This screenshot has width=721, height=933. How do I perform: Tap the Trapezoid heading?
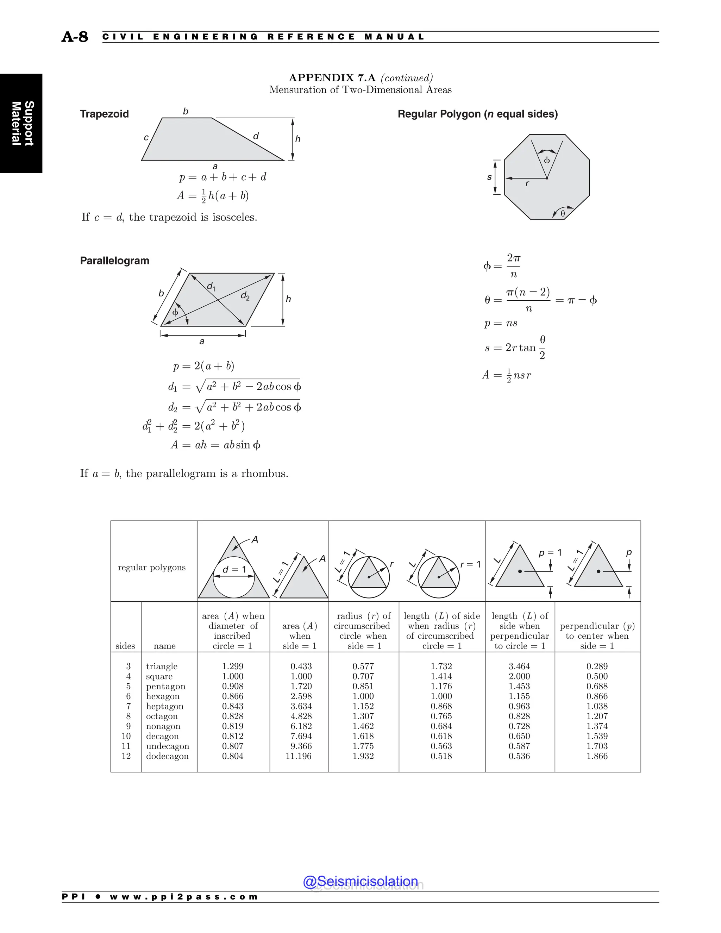click(104, 114)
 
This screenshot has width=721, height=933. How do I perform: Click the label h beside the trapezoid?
click(298, 139)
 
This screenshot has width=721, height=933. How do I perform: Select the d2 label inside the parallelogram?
click(245, 296)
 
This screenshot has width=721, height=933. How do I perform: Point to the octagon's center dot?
click(547, 179)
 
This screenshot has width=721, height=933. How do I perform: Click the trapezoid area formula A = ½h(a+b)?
click(213, 196)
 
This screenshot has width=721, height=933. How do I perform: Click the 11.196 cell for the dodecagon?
click(299, 756)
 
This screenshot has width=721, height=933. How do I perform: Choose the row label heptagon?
click(164, 706)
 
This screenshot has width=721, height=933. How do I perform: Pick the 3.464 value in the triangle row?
click(519, 666)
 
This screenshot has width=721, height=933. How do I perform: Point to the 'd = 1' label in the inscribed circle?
click(234, 569)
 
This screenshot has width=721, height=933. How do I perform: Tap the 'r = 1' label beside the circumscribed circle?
click(470, 564)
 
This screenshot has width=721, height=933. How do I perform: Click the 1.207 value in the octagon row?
click(597, 716)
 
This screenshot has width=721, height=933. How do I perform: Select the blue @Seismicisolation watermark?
click(360, 881)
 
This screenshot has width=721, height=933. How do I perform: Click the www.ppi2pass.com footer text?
click(184, 897)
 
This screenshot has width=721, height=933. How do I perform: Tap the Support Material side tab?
click(22, 124)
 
